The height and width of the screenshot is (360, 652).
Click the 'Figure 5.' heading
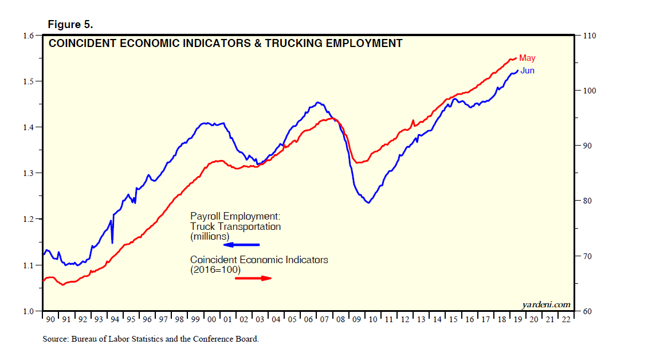click(x=70, y=25)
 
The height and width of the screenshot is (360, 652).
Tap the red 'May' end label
click(x=527, y=58)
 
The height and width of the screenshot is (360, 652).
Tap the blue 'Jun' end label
click(x=527, y=71)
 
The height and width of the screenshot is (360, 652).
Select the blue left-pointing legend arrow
click(x=241, y=245)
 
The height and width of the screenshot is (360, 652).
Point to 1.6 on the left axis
click(x=29, y=36)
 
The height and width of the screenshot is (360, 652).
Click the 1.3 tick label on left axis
click(x=29, y=173)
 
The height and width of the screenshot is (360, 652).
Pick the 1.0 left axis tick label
click(x=29, y=311)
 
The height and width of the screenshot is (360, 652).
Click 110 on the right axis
click(x=590, y=36)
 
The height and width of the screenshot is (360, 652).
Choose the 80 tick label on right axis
click(x=587, y=201)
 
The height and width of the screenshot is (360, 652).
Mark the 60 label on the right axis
click(x=587, y=311)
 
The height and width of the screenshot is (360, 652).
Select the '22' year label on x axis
click(x=565, y=319)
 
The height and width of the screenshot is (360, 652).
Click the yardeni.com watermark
click(x=546, y=304)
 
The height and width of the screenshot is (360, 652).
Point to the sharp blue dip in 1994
click(x=112, y=241)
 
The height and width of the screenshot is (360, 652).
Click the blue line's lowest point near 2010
click(x=368, y=202)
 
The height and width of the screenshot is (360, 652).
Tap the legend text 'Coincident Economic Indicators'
click(x=259, y=260)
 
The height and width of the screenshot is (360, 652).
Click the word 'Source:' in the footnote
click(x=56, y=339)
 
